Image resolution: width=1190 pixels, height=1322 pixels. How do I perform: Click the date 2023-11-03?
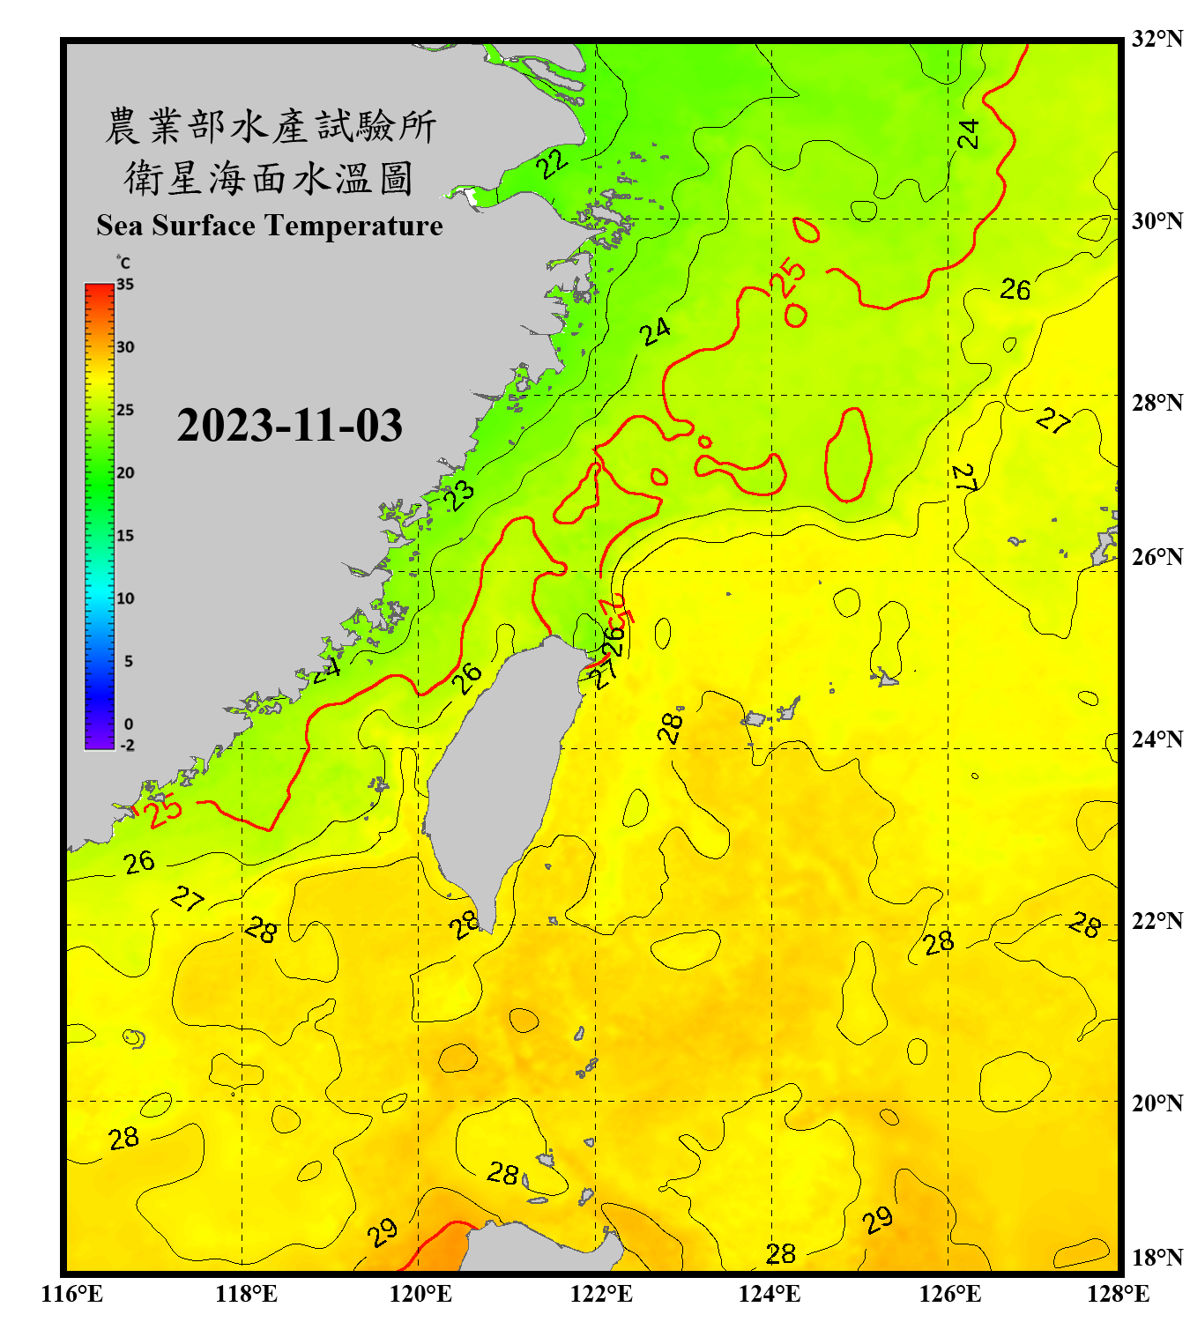click(289, 425)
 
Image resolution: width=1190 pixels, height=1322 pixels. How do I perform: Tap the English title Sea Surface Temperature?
click(270, 226)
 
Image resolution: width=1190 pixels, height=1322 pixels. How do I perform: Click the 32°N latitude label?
click(1157, 39)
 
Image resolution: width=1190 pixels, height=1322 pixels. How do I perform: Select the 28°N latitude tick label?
click(1157, 403)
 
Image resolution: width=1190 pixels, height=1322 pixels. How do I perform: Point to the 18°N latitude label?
click(1157, 1258)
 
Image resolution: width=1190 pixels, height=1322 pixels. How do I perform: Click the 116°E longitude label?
click(72, 1294)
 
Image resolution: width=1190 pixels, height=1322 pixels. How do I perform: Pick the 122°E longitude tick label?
click(601, 1294)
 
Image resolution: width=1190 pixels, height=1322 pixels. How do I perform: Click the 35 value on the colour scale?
click(125, 285)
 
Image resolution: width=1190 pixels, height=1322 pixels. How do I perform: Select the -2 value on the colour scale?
click(127, 746)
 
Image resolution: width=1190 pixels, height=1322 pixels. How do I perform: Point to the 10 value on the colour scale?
click(125, 598)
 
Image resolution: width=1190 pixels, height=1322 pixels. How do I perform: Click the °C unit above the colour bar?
click(123, 263)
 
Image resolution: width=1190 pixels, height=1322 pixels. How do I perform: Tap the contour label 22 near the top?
click(553, 163)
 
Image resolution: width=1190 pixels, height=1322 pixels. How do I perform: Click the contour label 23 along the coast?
click(459, 494)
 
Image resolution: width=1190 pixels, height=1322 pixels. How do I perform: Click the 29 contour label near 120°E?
click(383, 1232)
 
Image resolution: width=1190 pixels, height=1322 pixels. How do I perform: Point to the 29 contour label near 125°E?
click(878, 1221)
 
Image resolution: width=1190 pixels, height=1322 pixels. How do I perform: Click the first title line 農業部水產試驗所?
click(271, 126)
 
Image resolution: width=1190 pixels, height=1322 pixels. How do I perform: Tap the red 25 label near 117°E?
click(164, 810)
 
